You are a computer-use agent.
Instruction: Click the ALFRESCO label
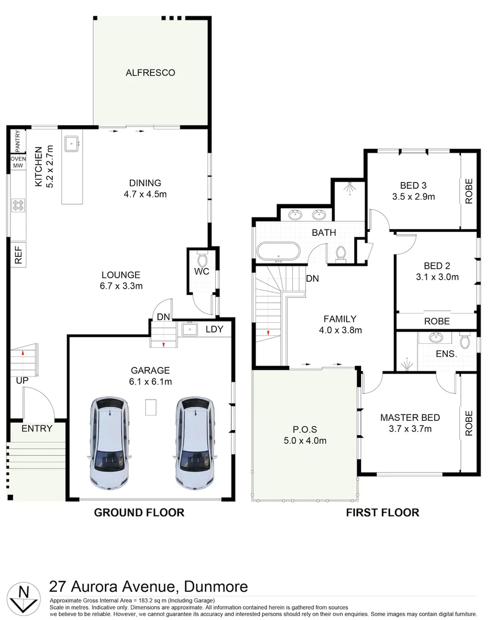(150, 73)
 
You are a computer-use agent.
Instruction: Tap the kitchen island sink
(72, 143)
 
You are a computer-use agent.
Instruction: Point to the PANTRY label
(18, 141)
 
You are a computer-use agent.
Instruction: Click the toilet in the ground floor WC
(202, 259)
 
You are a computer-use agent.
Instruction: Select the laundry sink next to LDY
(189, 329)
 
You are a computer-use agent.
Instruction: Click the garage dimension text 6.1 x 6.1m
(150, 381)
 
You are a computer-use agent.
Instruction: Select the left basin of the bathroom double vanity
(295, 215)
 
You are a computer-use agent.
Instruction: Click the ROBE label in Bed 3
(469, 191)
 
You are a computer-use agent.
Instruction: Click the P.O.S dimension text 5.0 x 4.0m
(305, 440)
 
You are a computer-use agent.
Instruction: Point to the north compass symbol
(23, 597)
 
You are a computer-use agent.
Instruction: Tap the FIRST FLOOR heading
(382, 513)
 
